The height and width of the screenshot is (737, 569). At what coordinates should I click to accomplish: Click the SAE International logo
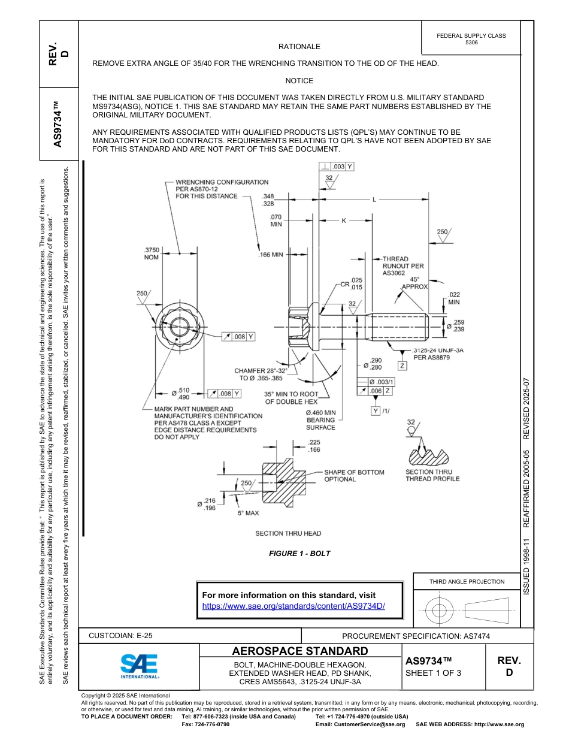139,666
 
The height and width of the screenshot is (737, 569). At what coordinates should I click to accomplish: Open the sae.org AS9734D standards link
293,606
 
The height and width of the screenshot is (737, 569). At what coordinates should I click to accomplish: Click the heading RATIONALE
299,47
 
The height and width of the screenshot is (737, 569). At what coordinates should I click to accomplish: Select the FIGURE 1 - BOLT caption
299,553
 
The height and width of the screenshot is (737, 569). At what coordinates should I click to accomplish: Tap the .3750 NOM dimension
152,253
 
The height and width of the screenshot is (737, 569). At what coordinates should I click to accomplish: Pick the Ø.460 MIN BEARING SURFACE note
320,420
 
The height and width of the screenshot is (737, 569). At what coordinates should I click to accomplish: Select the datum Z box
402,366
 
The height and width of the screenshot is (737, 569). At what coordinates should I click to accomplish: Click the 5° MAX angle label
248,513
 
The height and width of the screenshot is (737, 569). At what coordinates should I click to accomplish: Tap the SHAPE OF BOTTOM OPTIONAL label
354,476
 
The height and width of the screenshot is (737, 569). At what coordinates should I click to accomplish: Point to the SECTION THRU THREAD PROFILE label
432,475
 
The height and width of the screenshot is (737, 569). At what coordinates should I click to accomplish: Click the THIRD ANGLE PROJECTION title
467,581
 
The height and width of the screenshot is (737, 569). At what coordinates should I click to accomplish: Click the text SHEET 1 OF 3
433,673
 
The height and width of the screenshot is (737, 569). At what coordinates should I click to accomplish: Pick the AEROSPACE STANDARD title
299,651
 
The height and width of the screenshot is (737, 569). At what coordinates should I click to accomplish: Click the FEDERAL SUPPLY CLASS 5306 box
471,39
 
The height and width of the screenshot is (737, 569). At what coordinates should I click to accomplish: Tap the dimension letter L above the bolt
374,200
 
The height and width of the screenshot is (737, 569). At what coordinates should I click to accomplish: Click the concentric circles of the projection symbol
440,611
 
